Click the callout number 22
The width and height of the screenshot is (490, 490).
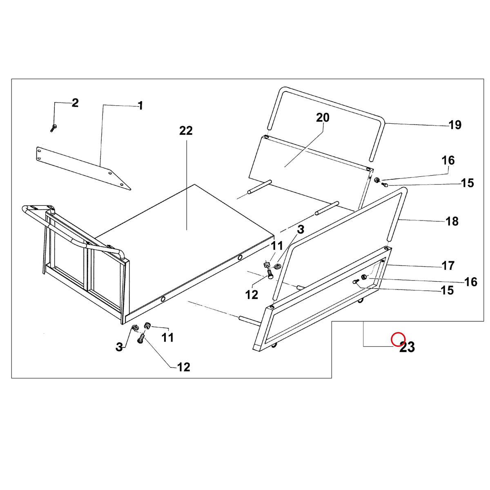pos(186,131)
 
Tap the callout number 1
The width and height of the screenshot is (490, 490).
pos(140,106)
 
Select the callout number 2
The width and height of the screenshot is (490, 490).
pos(75,103)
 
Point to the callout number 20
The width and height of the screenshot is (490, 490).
pos(323,118)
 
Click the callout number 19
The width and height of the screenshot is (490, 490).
pos(454,125)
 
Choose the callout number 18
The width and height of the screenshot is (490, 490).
pos(452,221)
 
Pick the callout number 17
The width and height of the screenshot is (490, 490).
pos(448,266)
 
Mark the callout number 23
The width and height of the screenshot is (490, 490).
pos(407,347)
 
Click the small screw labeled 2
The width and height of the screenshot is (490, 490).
pos(53,128)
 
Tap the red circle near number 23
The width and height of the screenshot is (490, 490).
pos(398,339)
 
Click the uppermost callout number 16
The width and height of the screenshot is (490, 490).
pos(448,160)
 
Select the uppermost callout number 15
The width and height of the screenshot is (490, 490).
pos(468,183)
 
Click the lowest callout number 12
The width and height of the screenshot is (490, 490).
pos(184,367)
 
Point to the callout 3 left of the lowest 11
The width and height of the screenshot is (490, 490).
pos(119,347)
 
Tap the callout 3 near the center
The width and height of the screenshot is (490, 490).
pos(301,229)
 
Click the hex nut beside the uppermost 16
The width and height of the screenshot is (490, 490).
pos(378,180)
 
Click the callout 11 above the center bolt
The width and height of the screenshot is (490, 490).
pos(277,246)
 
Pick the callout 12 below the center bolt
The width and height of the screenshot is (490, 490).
pos(252,294)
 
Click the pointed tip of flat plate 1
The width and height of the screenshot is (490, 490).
pos(131,189)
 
